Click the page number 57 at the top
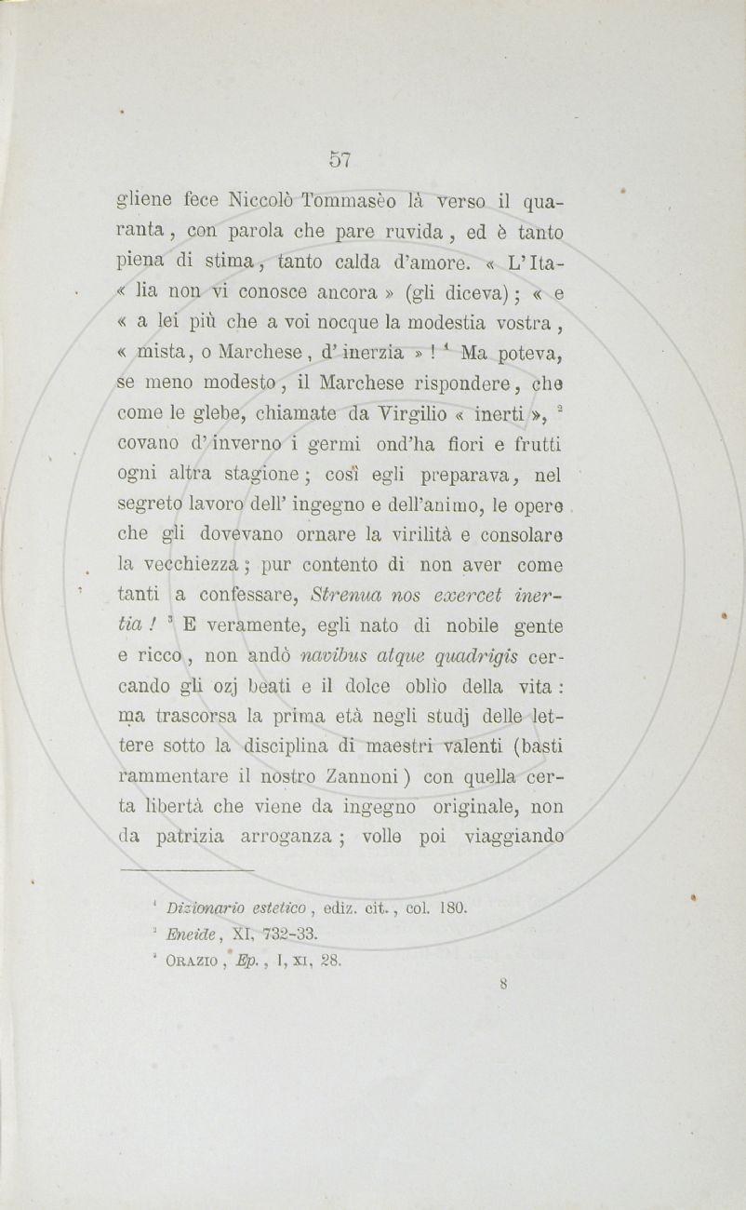tap(340, 159)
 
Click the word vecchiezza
tap(194, 564)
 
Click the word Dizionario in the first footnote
tap(203, 905)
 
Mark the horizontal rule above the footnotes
tap(187, 870)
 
